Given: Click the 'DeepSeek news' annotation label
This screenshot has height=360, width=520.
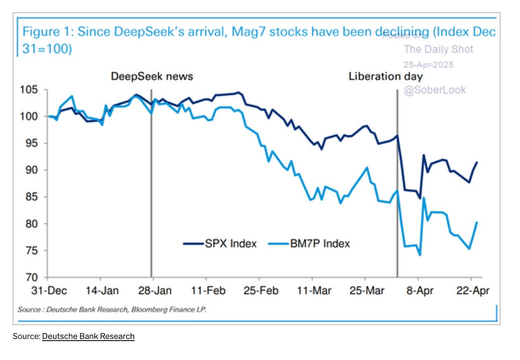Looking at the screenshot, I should [152, 76].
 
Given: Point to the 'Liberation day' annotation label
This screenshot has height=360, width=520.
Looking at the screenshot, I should [385, 76].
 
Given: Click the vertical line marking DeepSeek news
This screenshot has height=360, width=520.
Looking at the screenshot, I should [151, 189].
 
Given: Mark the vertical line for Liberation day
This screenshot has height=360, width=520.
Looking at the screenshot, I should [397, 189].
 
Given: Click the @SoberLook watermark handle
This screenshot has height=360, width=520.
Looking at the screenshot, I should [434, 90].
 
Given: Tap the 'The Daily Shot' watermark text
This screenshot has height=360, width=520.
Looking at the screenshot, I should [438, 49].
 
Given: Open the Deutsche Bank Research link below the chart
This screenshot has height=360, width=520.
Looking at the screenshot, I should [88, 336].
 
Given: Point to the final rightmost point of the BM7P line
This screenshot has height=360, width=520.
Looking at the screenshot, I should [477, 222].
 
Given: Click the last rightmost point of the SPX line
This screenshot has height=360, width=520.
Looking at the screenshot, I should [477, 163].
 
